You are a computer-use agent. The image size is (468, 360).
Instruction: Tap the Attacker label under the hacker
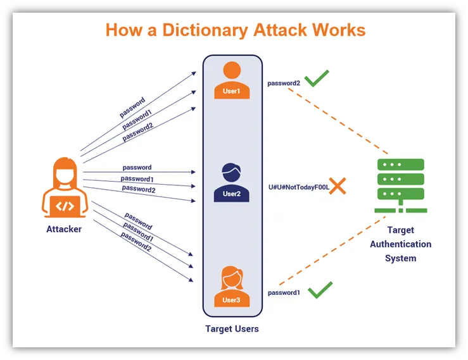(64, 229)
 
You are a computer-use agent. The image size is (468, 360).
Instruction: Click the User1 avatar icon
(232, 80)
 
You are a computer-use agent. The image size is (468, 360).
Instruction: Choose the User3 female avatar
(232, 286)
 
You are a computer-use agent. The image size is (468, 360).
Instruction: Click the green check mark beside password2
(317, 79)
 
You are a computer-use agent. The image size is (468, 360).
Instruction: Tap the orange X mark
(337, 186)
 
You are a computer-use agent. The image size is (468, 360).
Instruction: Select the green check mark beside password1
(320, 290)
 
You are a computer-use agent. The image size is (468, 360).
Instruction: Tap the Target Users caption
(232, 329)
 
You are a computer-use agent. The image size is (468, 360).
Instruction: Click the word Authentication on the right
(400, 244)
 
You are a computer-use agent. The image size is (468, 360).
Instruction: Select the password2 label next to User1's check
(283, 83)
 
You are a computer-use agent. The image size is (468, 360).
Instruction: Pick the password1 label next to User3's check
(284, 293)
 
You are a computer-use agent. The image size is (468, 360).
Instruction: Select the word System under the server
(400, 258)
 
